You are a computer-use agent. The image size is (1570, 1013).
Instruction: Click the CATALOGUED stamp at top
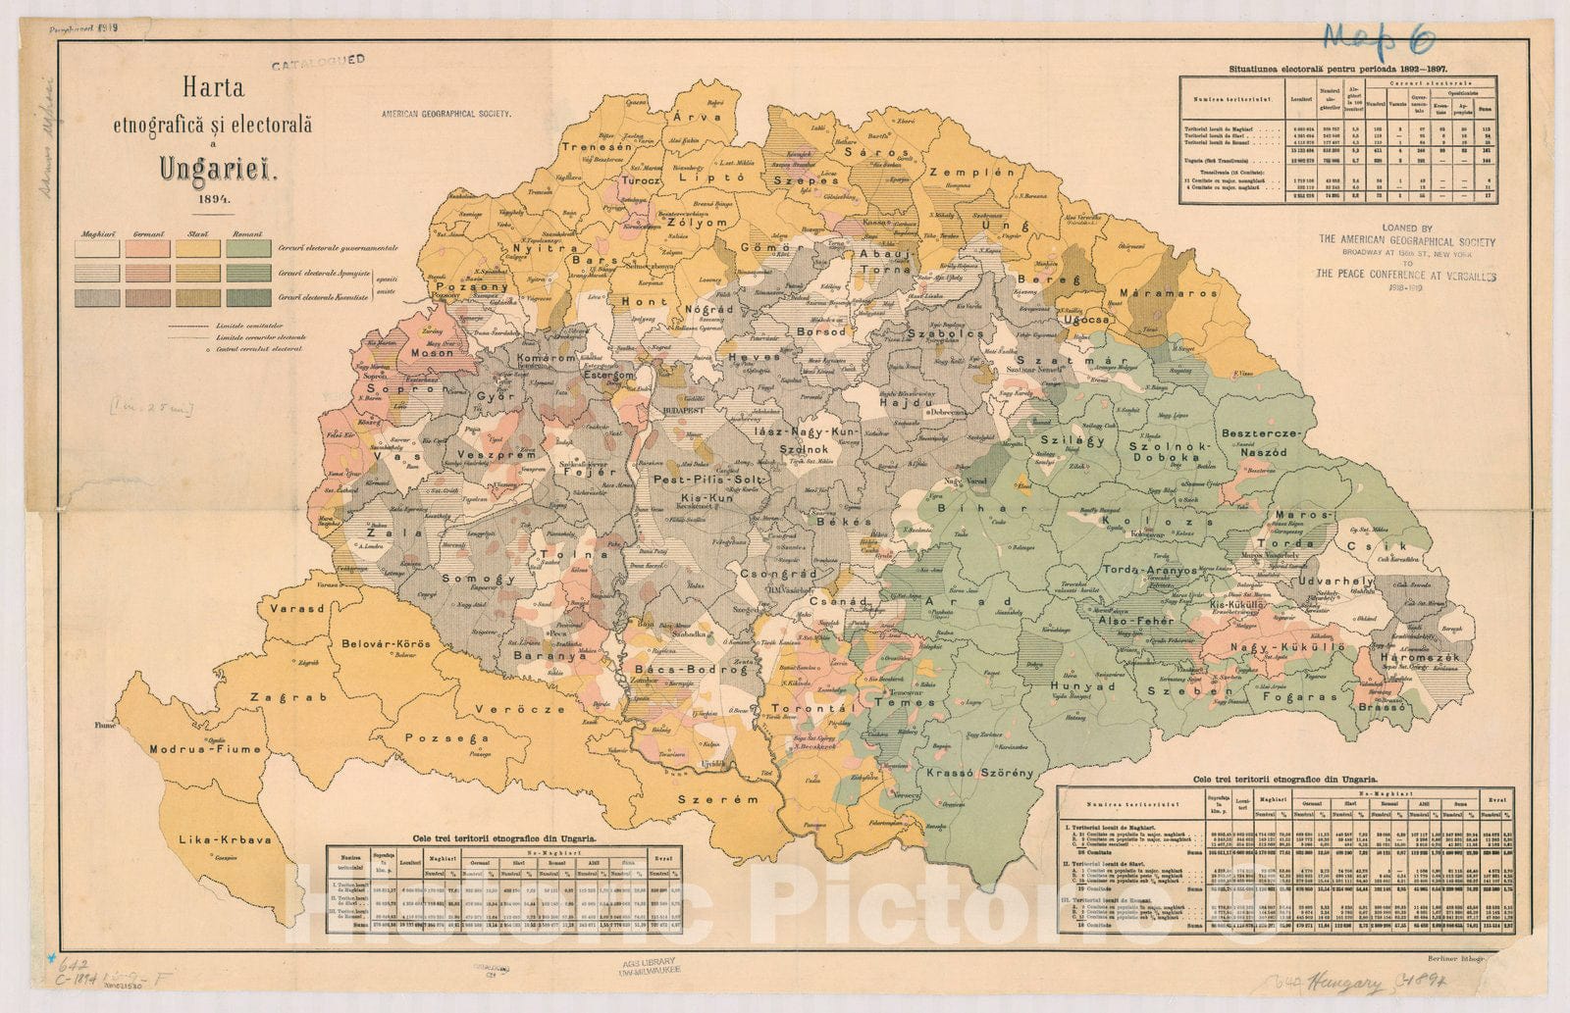tap(318, 61)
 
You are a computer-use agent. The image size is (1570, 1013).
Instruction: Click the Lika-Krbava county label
tap(225, 840)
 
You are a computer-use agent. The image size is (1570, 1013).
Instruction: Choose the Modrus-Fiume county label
tap(206, 749)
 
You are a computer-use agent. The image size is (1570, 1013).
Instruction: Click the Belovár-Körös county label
tap(386, 644)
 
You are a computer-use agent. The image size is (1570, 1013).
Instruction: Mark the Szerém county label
tap(718, 799)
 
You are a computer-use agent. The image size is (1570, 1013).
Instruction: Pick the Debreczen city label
tap(950, 413)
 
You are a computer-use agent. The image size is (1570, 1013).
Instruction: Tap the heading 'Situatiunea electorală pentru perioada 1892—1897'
tap(1339, 69)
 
